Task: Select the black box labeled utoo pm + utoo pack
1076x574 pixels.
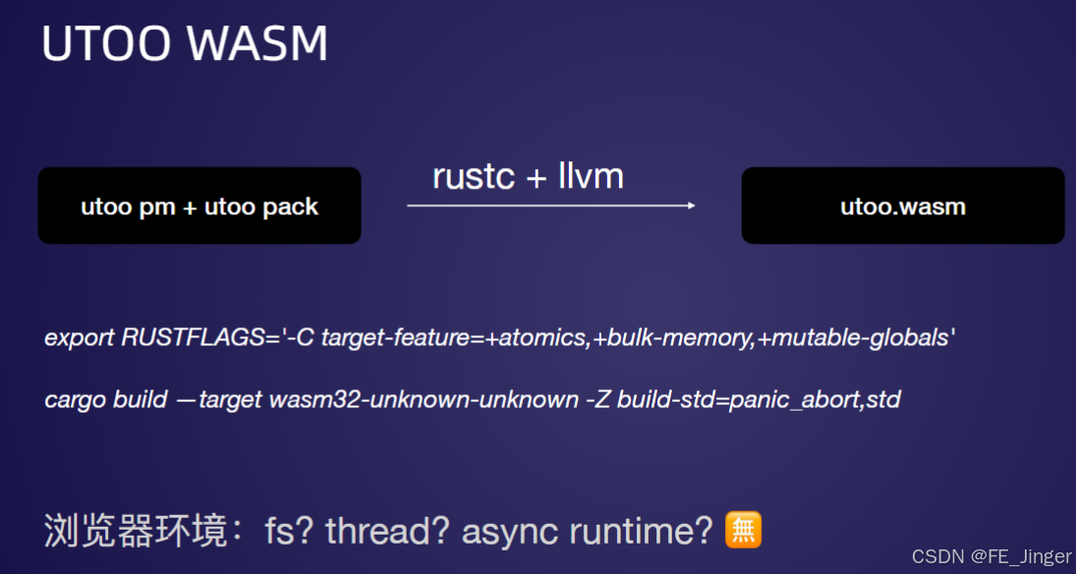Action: tap(199, 205)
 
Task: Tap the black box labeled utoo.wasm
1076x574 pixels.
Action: tap(902, 205)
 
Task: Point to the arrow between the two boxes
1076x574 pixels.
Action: tap(551, 205)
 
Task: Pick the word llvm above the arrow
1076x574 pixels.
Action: tap(591, 177)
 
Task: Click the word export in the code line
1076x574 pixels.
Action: tap(80, 338)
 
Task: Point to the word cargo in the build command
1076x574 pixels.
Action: tap(76, 400)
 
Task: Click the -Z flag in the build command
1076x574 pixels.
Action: tap(598, 400)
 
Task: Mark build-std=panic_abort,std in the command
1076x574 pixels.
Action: tap(759, 400)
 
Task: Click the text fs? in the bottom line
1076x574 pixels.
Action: tap(290, 531)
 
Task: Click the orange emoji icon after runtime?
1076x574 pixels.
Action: tap(743, 530)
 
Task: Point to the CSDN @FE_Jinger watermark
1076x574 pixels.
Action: tap(991, 557)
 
